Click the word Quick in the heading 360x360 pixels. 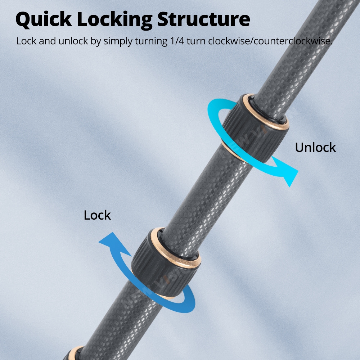click(x=44, y=20)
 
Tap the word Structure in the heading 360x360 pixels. click(x=204, y=19)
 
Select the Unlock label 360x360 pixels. click(x=315, y=147)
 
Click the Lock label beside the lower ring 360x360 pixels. click(x=97, y=215)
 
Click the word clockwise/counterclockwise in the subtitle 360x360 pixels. click(x=270, y=41)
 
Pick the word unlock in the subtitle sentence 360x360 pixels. click(x=73, y=41)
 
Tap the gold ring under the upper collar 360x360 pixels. click(x=232, y=152)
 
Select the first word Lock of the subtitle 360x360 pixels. click(x=26, y=41)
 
